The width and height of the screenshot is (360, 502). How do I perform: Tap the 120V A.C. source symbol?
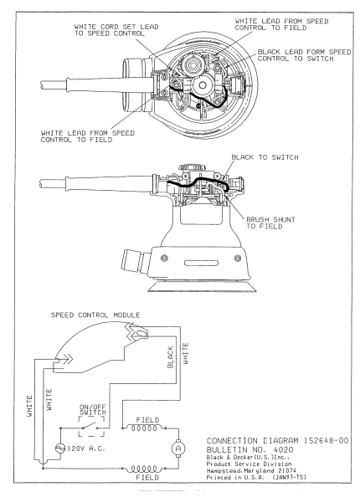(58, 448)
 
